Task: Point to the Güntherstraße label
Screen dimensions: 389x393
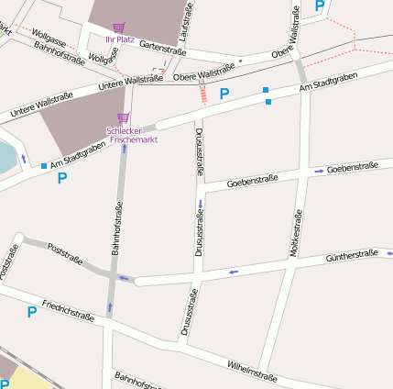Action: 352,255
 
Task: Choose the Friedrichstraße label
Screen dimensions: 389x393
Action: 68,309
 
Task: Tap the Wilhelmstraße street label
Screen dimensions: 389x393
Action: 252,368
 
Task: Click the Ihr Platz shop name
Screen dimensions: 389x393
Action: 119,39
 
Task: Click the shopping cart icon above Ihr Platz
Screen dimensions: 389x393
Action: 119,28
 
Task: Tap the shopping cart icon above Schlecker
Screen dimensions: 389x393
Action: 123,117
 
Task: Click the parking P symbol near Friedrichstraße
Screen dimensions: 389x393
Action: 31,313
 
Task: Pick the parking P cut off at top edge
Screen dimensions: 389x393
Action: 319,6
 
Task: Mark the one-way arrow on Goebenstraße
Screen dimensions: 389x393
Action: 318,171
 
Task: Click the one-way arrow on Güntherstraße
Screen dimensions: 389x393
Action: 234,272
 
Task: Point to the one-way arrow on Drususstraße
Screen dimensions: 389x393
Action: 200,204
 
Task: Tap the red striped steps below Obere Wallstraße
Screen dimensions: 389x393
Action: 202,92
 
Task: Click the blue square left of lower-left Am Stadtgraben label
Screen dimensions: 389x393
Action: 43,165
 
